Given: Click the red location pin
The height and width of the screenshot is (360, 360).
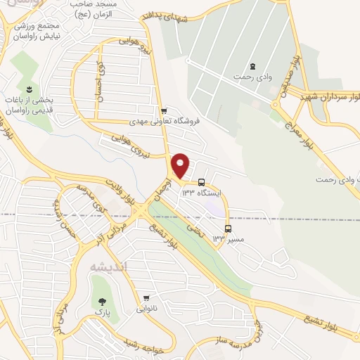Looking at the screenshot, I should tap(181, 166).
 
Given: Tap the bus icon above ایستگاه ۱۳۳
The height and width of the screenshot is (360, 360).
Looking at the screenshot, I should tap(202, 181).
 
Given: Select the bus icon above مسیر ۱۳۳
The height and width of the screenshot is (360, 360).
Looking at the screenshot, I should tap(227, 229).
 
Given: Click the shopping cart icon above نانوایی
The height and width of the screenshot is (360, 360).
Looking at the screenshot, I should tap(146, 298).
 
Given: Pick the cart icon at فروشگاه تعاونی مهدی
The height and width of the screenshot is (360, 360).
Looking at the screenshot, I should tap(163, 110).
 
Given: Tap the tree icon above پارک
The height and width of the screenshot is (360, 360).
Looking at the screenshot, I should tap(103, 297).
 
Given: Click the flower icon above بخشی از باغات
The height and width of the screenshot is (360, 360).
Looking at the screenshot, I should tap(29, 89).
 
